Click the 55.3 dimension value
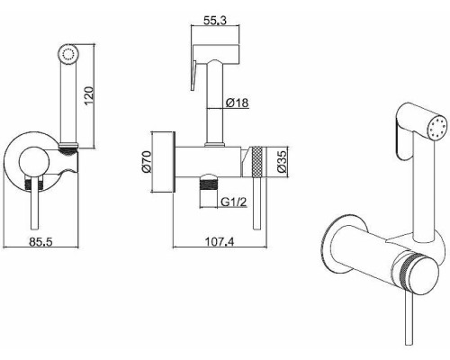pos(215,21)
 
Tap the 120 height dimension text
pos(89,95)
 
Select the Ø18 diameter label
pos(237,103)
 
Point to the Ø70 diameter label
pos(147,162)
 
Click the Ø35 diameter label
pos(283,162)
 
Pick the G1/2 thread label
pos(234,202)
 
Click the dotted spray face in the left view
pos(68,54)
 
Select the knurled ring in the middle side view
pos(257,162)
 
